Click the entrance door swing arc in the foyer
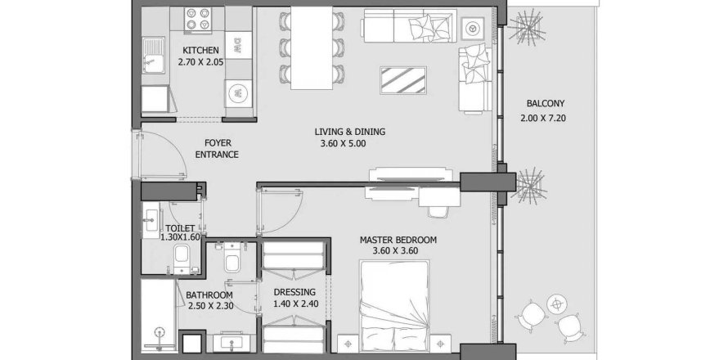(164, 155)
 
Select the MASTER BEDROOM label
(398, 240)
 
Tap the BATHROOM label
(209, 295)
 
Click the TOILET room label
(179, 229)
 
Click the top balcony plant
(524, 33)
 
